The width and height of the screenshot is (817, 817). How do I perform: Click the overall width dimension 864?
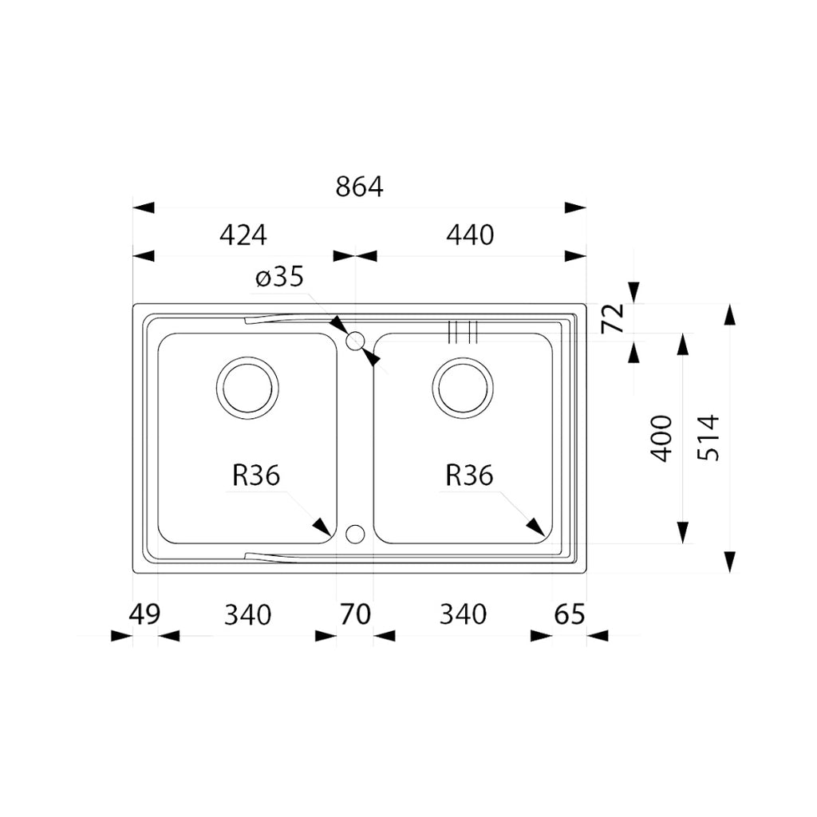359,187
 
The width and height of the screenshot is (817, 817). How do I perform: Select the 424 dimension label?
242,235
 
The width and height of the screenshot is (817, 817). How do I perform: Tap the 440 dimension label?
470,235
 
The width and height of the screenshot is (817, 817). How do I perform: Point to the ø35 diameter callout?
279,278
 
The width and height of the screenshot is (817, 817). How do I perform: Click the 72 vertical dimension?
612,319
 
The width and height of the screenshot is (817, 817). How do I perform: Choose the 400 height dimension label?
661,438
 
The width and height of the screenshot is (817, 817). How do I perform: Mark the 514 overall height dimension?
708,437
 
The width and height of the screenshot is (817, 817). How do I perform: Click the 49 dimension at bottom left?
144,614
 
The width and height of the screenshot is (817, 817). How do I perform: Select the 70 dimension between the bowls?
355,614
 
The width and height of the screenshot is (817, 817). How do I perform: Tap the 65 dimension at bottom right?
569,614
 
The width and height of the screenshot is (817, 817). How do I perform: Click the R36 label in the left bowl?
256,476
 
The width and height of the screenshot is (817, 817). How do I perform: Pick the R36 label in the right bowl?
469,476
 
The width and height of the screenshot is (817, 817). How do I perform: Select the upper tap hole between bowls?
356,341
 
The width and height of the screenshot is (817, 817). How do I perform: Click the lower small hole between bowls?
356,533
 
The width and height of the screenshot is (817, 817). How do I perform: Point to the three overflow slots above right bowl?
463,332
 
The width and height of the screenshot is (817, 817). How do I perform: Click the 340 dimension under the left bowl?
247,614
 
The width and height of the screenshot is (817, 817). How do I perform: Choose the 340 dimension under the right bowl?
463,614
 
